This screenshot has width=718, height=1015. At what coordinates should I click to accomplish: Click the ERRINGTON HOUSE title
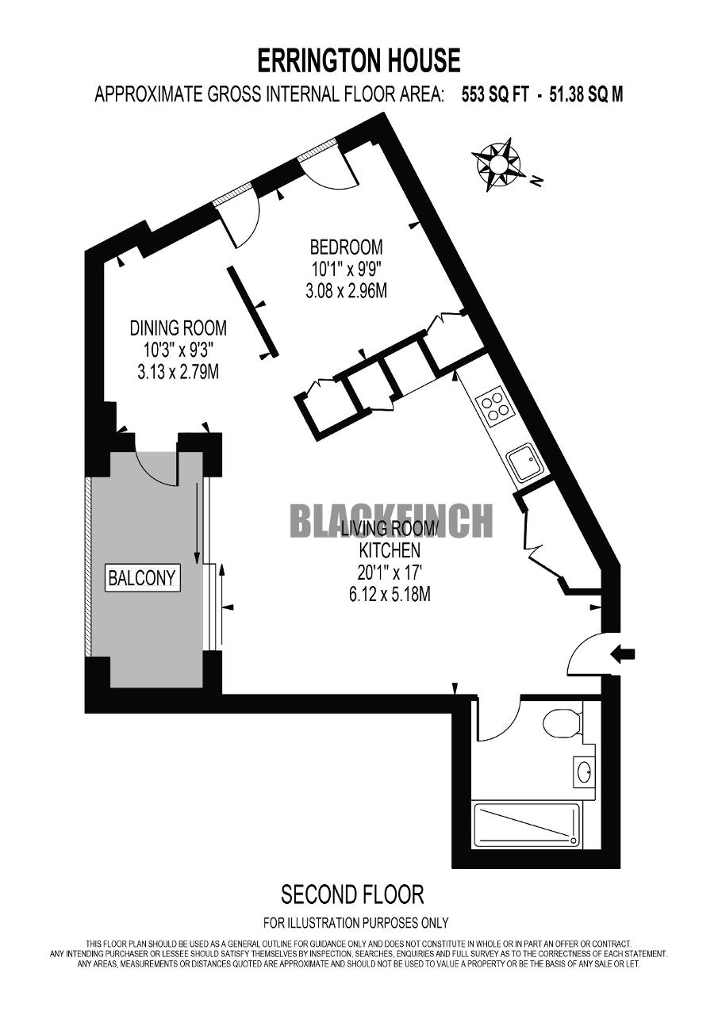(x=359, y=61)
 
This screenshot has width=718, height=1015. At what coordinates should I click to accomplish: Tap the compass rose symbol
(x=497, y=164)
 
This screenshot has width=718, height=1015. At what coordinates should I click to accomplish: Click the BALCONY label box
(x=142, y=578)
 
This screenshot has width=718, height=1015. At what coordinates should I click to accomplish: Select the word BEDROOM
(x=347, y=247)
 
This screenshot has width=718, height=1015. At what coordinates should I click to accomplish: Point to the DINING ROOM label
(x=179, y=328)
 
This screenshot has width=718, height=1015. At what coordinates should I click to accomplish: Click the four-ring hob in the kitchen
(x=494, y=404)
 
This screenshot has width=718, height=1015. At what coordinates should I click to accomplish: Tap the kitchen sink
(x=524, y=462)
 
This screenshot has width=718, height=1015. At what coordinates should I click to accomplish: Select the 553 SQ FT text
(x=495, y=95)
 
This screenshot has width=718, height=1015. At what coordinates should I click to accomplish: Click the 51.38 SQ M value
(x=586, y=95)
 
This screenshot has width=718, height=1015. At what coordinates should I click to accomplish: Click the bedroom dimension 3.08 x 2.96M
(x=347, y=291)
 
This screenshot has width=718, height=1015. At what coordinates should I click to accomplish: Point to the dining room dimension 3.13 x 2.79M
(x=179, y=372)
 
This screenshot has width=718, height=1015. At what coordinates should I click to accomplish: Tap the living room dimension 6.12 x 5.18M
(x=390, y=594)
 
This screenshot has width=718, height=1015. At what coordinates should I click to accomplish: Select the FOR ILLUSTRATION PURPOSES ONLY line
(x=356, y=921)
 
